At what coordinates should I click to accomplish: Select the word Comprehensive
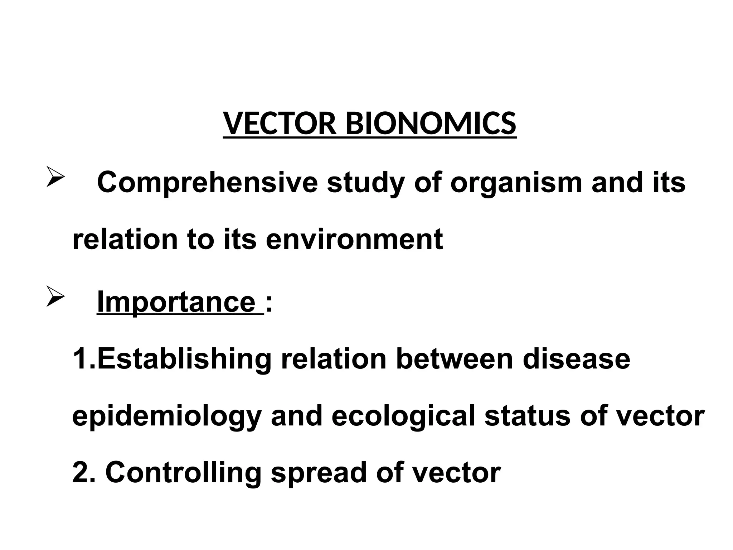pos(208,183)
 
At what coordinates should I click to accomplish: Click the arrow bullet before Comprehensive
pos(55,178)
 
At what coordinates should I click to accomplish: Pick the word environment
pos(354,239)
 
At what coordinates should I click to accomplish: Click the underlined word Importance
pos(176,301)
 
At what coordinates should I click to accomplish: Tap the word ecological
pos(403,416)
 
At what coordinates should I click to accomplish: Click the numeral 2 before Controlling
pos(80,472)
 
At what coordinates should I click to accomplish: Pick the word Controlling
pos(184,473)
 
